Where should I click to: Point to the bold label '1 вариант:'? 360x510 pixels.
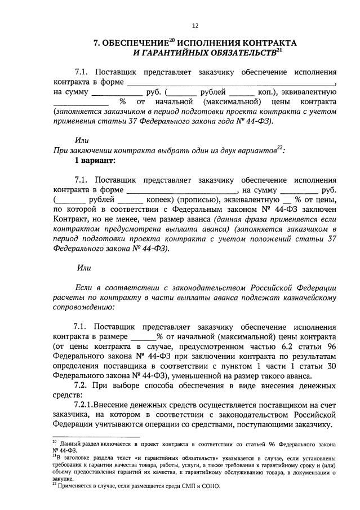tap(95, 161)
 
